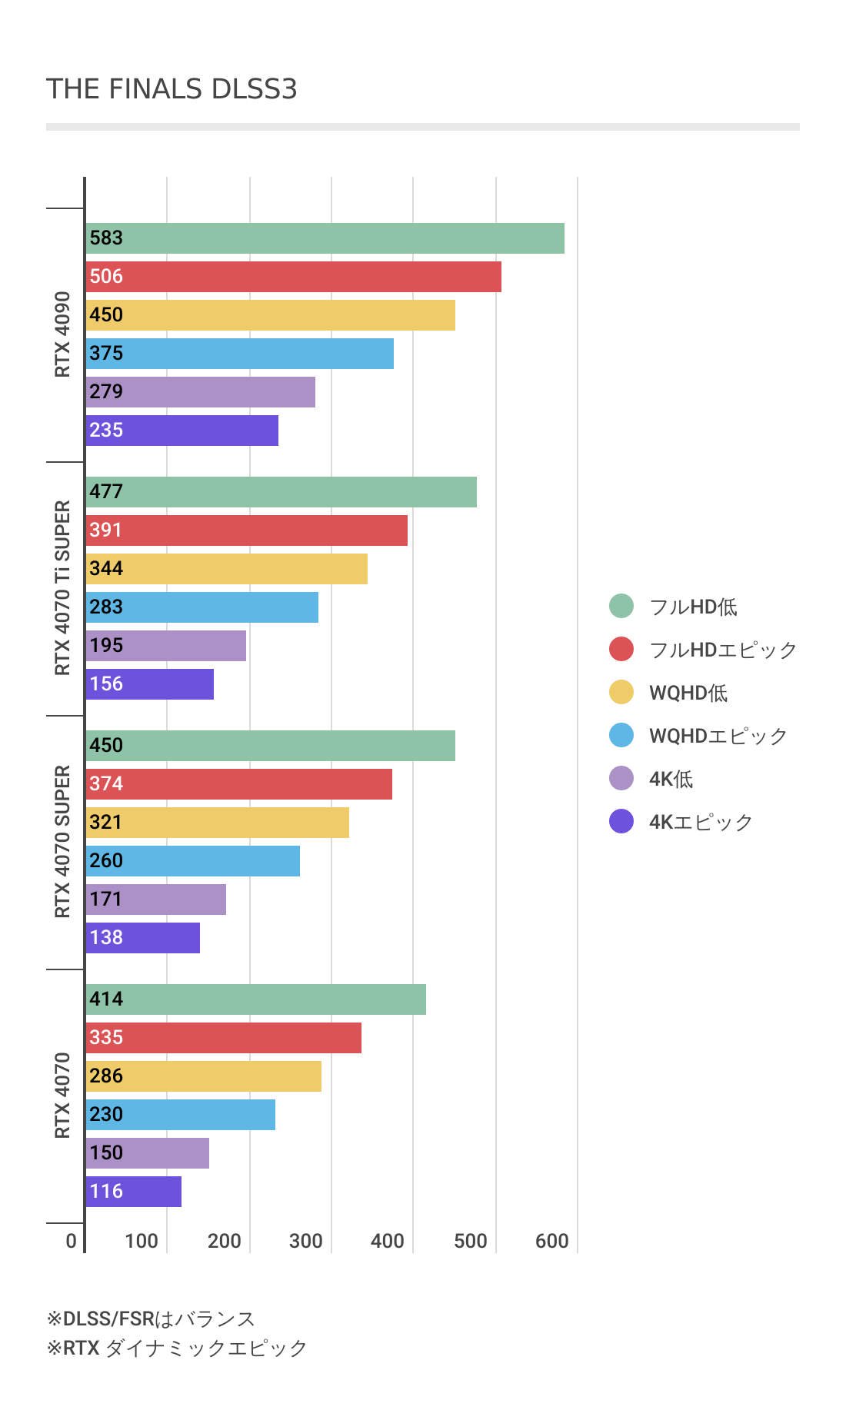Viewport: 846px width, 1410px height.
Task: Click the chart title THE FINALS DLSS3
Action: click(x=172, y=89)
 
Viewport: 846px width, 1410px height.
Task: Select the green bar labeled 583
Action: click(x=325, y=238)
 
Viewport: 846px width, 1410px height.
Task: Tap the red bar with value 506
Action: click(x=293, y=277)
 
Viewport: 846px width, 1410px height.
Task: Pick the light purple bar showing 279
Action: click(x=200, y=392)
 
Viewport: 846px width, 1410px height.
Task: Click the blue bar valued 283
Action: click(x=202, y=607)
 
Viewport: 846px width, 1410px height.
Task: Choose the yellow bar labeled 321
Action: click(x=217, y=823)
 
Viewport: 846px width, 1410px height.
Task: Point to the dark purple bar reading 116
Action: click(x=133, y=1192)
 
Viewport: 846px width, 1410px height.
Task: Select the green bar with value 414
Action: click(x=255, y=999)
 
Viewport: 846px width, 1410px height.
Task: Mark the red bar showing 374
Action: click(x=238, y=784)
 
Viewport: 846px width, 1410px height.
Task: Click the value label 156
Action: click(x=106, y=684)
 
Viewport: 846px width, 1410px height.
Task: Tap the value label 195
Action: click(x=106, y=646)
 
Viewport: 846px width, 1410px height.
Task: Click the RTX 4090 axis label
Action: click(x=62, y=334)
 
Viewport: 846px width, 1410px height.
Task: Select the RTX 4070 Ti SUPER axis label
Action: click(x=62, y=588)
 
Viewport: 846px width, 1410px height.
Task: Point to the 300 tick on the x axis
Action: click(x=306, y=1241)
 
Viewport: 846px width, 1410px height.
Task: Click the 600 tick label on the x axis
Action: click(x=552, y=1241)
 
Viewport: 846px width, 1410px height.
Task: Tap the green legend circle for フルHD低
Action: click(x=621, y=606)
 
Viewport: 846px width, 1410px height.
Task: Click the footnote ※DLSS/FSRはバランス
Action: click(x=151, y=1319)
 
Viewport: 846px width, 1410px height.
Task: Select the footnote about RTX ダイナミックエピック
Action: click(x=177, y=1348)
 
